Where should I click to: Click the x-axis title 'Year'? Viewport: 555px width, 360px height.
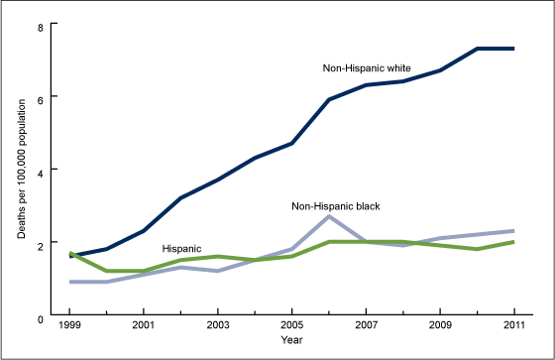(290, 341)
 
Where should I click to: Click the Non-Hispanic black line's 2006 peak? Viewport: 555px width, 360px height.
(328, 216)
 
